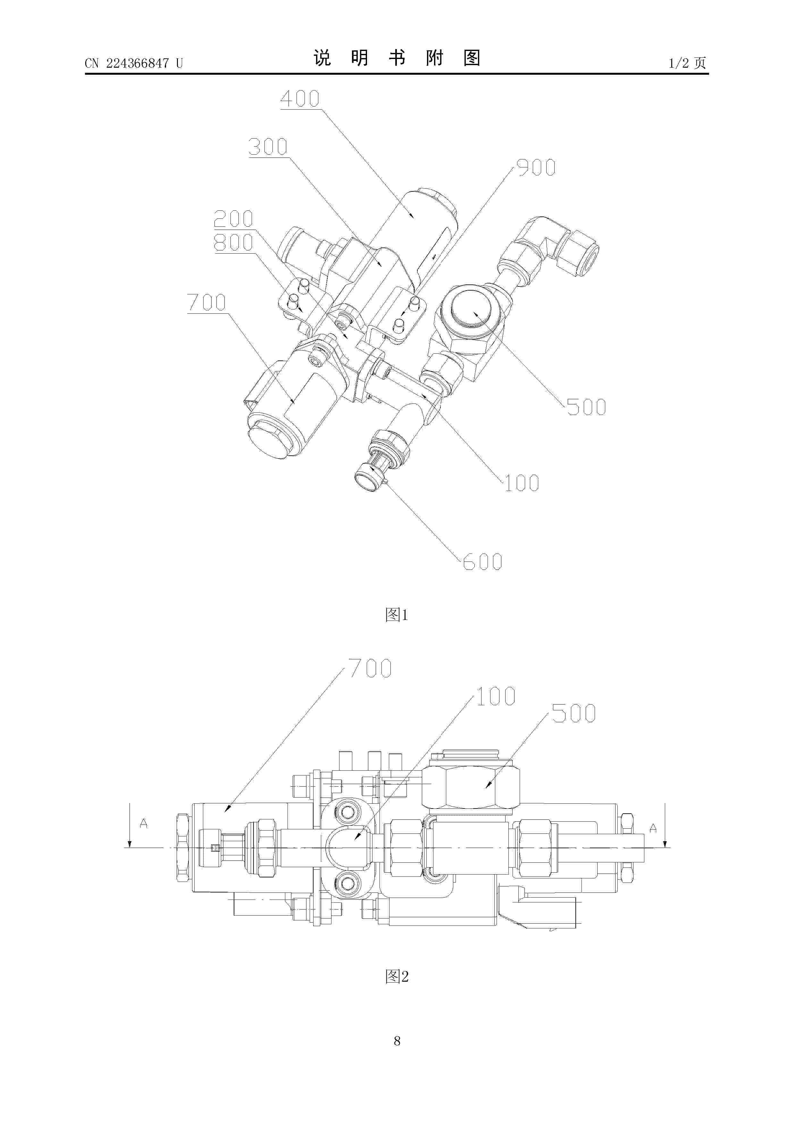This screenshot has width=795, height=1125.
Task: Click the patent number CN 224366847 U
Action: (x=134, y=63)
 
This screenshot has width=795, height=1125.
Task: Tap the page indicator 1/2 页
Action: (x=688, y=63)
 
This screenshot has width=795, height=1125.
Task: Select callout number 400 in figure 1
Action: (x=300, y=99)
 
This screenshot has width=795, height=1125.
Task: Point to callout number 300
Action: (x=268, y=147)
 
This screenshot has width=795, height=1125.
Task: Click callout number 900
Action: (x=536, y=168)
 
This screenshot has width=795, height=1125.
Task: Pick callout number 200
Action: (x=234, y=218)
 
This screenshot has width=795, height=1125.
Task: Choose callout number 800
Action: (x=234, y=242)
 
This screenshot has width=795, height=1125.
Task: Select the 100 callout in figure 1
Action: (x=521, y=483)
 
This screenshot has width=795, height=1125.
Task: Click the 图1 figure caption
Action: (x=397, y=614)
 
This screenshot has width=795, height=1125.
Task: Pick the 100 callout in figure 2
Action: (x=496, y=696)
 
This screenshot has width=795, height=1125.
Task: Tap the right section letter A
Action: (x=653, y=828)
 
